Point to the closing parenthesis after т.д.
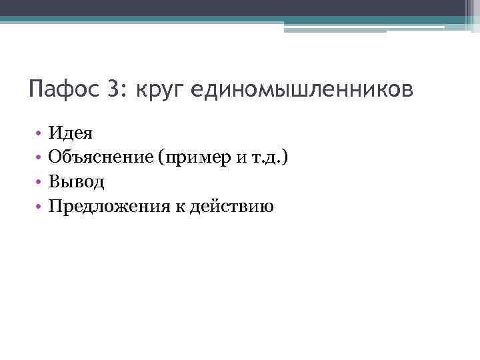[286, 157]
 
